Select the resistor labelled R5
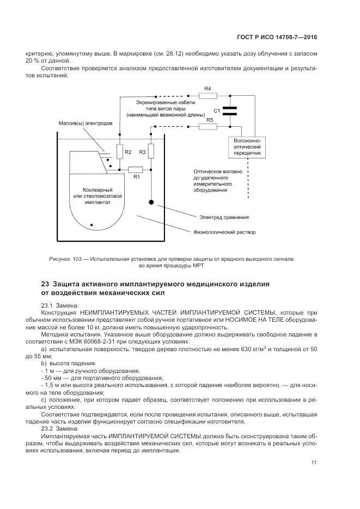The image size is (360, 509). [x=208, y=126]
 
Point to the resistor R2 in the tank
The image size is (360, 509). [x=120, y=152]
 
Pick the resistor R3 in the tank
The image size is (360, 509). [x=151, y=152]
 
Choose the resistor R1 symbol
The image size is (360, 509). [x=135, y=169]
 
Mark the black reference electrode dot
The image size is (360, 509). [x=151, y=202]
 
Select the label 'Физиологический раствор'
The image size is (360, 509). [x=224, y=232]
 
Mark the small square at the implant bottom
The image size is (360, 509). [x=91, y=224]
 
